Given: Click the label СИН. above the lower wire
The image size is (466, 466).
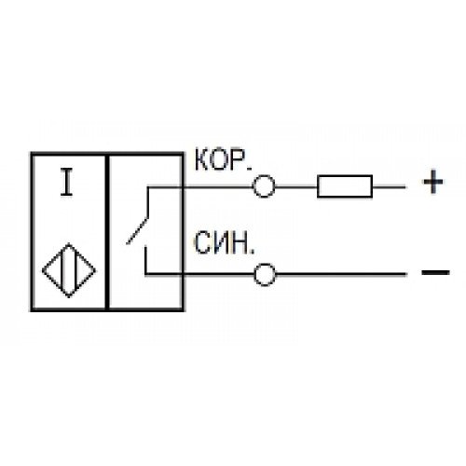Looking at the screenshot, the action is pos(224,242).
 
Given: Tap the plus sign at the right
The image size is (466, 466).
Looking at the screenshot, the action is pos(433,182).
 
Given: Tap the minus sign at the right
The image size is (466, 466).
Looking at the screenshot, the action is pos(435,272).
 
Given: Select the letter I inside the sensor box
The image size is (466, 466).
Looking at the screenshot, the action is pos(66,182).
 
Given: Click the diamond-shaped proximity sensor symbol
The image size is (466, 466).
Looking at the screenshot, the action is pos(69,270).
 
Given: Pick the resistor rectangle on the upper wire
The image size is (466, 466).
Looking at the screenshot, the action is pos(345,186).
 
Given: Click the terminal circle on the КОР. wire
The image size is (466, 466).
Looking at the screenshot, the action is pos(264,186).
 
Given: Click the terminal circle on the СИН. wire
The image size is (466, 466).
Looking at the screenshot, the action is pos(265,274).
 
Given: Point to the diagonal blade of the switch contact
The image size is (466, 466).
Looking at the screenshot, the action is pos(137,231).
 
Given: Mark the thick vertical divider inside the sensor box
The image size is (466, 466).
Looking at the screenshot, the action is pos(107,232).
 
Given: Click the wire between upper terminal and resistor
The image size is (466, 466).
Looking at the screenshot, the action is pos(295,186).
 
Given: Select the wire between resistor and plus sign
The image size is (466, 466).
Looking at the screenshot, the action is pos(389,187).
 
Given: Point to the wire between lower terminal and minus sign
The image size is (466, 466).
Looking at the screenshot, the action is pos(341,274).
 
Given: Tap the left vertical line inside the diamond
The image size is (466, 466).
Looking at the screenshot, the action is pos(63,269).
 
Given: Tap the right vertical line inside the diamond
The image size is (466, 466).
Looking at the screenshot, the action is pos(75,269).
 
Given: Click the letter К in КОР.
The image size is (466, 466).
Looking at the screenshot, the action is pos(203,159).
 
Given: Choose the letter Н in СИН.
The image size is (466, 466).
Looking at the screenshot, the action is pos(240,242).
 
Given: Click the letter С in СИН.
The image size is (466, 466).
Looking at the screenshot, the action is pos(203,242).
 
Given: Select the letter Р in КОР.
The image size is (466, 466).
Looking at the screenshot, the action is pos(237,159).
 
